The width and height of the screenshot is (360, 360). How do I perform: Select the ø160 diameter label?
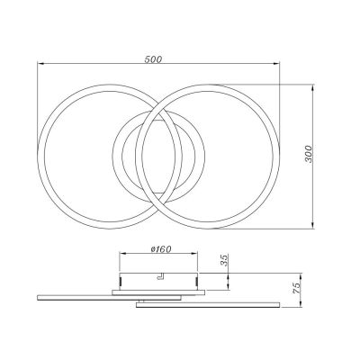tap(160, 250)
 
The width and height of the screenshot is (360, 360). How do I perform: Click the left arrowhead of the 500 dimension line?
tap(40, 64)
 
